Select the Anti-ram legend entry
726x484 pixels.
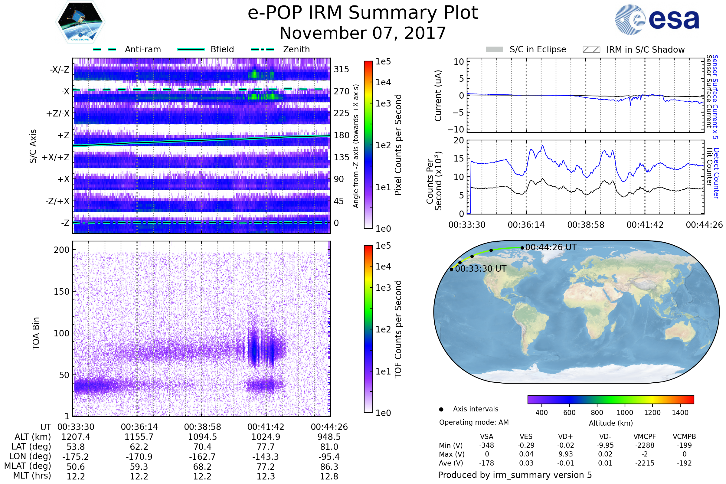142,49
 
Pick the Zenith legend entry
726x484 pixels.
296,49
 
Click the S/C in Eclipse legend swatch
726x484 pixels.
494,49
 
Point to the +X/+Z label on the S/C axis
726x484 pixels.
56,157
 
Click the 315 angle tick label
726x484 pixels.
341,70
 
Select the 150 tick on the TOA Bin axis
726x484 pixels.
61,292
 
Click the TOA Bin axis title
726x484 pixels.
36,333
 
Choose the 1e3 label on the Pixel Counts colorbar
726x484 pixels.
383,104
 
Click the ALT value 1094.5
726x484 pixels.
202,437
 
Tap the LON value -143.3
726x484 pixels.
266,457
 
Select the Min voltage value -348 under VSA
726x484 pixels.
486,445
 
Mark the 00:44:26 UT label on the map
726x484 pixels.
551,247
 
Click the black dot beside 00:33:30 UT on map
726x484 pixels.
451,270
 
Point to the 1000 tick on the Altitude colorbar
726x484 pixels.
624,413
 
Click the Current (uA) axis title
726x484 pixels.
438,96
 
